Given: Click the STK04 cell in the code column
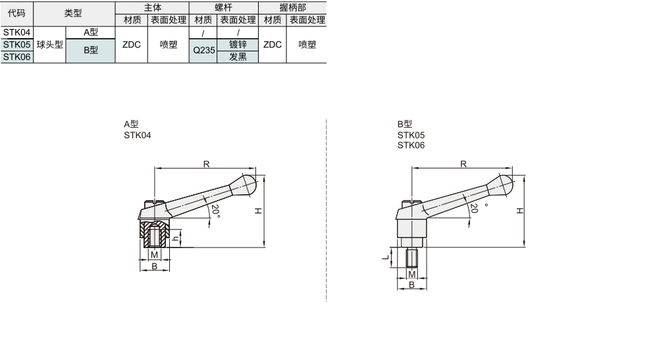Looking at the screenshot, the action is tap(16, 32).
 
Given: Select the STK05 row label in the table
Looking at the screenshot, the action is tap(16, 45).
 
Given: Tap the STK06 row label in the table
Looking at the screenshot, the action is tap(16, 57).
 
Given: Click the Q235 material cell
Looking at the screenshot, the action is tap(203, 51).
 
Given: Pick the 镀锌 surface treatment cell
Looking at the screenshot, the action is tap(238, 45).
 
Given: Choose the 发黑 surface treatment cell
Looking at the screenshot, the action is tap(238, 57).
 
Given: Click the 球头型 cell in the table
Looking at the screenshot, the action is tap(49, 45).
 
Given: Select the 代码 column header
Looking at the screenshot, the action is tap(16, 13).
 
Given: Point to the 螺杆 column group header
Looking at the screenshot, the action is tap(224, 7).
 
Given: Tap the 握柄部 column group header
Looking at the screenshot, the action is tap(293, 7).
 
